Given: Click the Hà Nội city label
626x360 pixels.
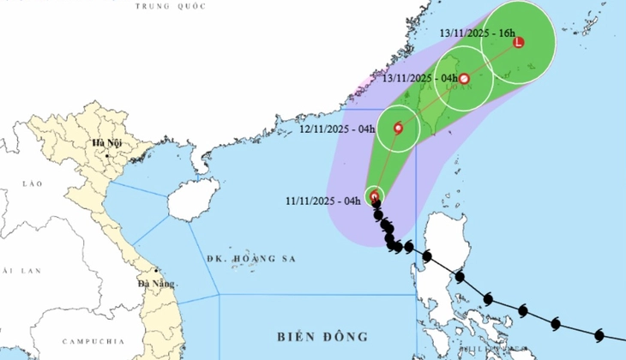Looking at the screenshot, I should coord(108,143).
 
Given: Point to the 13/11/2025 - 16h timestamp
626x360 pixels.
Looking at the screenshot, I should coord(477,33).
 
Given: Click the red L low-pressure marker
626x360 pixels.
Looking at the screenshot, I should coord(518,42).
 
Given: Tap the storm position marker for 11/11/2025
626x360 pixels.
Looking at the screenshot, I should coord(375,196).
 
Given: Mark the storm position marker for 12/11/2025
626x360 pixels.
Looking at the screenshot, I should coord(398,129).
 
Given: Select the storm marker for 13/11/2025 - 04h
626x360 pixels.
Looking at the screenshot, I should coord(464,80).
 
